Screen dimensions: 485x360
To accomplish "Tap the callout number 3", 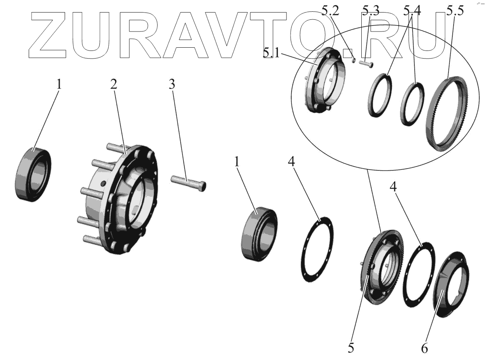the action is [x=172, y=84].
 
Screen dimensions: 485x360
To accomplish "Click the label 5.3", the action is [x=371, y=11].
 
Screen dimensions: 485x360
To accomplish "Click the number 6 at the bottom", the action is [x=424, y=347].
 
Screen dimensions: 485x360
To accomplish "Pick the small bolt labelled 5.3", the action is [x=367, y=63].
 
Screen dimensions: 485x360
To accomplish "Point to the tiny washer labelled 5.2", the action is [x=353, y=61].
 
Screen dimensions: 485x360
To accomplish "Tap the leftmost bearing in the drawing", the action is [x=33, y=174].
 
